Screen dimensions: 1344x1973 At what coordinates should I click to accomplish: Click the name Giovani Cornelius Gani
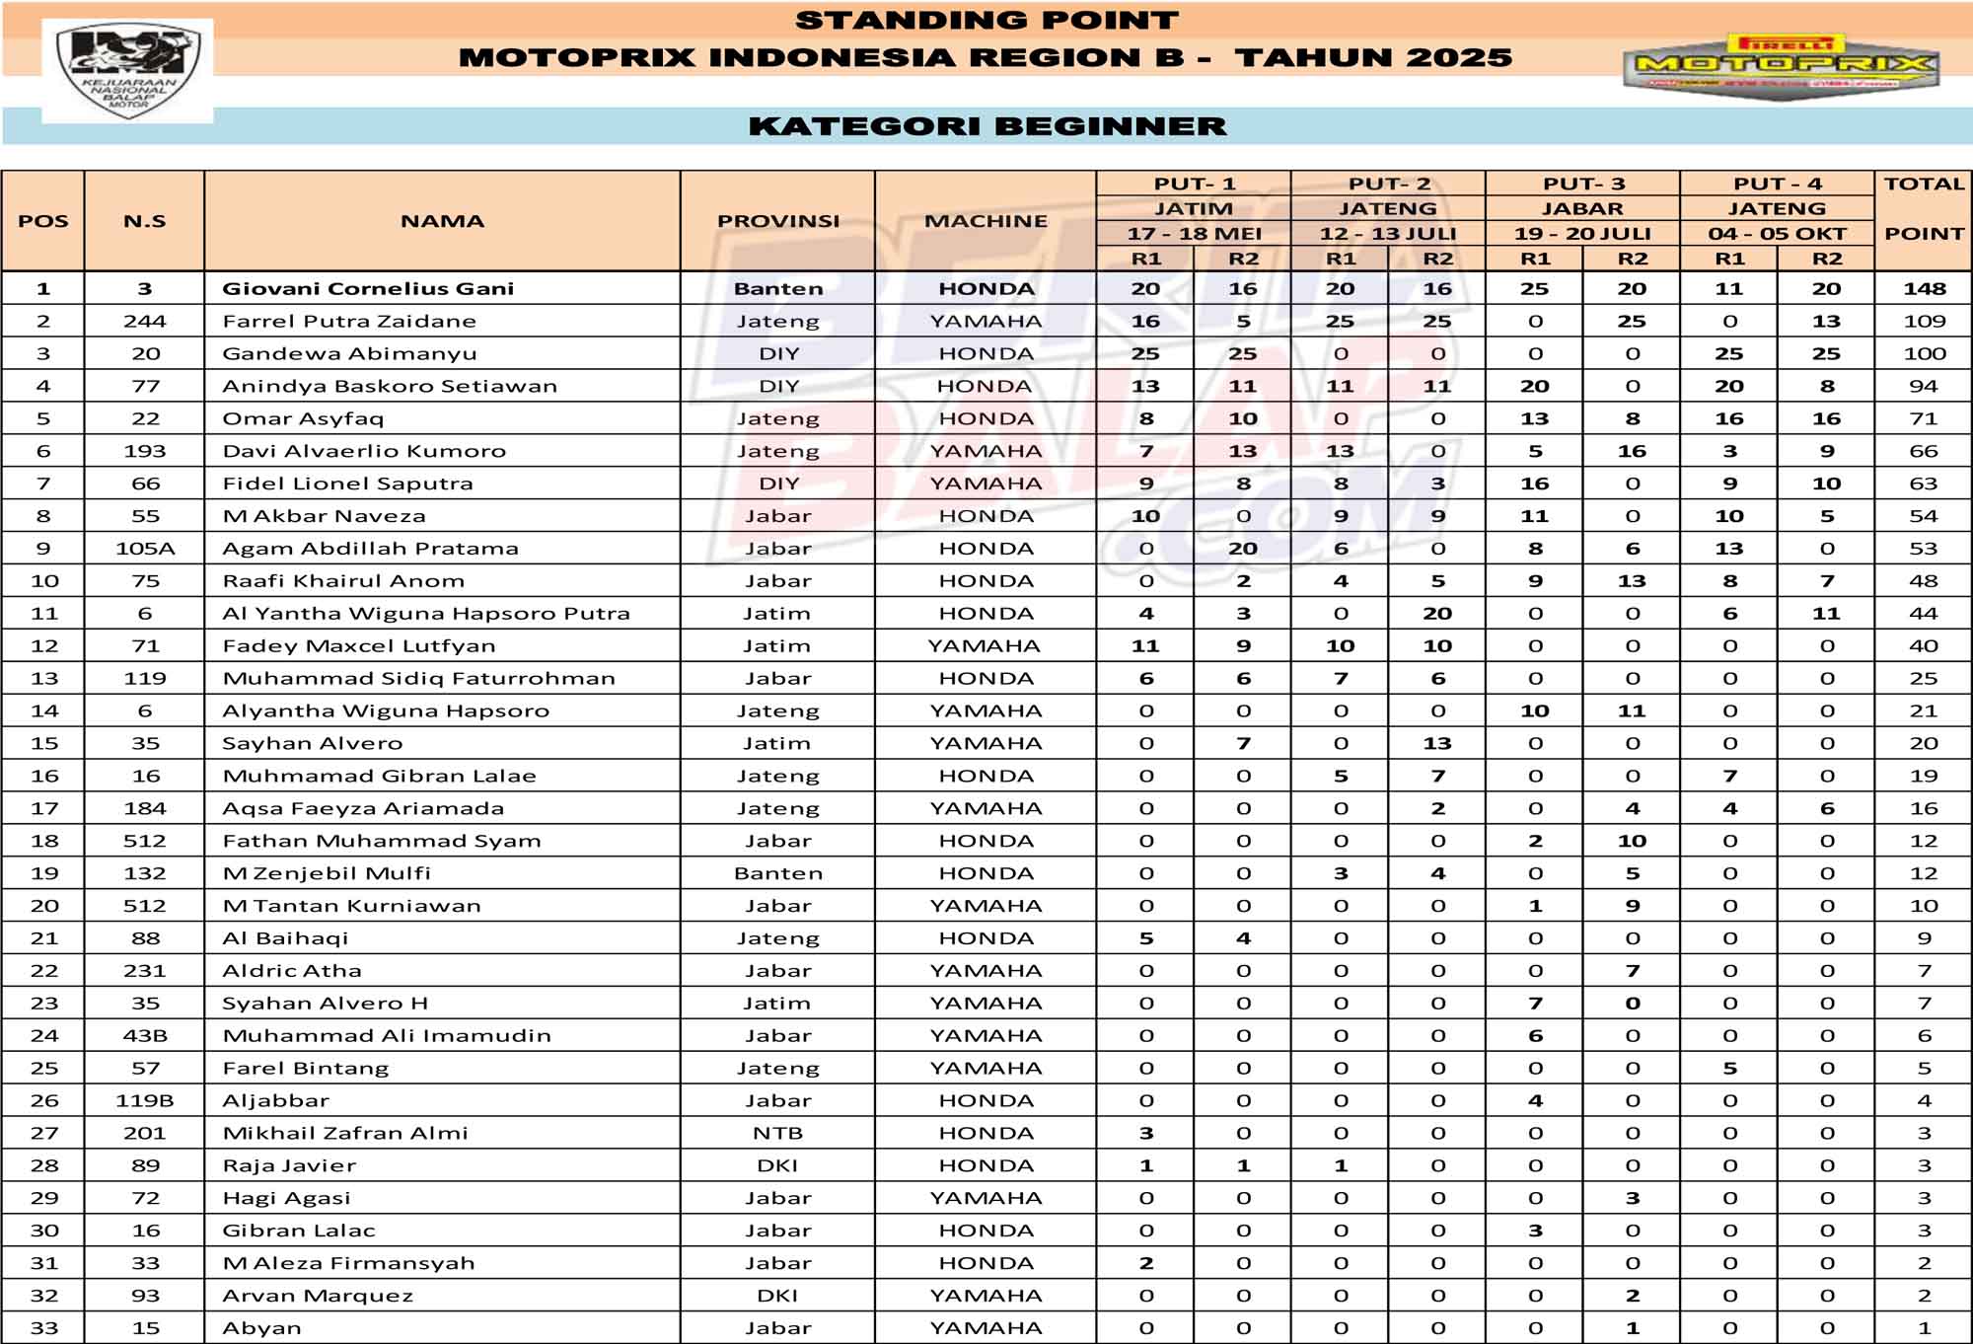tap(368, 289)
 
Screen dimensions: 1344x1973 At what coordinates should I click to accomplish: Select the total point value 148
tap(1924, 289)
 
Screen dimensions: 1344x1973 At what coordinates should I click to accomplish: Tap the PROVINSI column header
tap(778, 221)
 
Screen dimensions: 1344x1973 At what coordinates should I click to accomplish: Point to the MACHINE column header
tap(986, 221)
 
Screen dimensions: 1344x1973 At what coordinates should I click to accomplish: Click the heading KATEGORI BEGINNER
tap(986, 126)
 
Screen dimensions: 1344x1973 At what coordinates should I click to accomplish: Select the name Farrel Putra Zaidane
tap(349, 322)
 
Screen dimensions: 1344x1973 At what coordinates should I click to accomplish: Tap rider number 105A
tap(145, 549)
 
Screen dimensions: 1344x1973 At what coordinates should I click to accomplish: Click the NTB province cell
tap(778, 1133)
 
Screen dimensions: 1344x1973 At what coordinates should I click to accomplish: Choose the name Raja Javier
tap(289, 1165)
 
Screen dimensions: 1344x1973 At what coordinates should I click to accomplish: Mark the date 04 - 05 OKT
tap(1777, 234)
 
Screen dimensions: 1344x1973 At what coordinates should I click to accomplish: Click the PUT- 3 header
tap(1582, 185)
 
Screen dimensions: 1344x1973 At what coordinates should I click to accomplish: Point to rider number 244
tap(145, 322)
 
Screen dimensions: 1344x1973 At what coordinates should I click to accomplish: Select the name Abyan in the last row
tap(262, 1328)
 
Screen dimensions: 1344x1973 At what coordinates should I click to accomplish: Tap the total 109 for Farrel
tap(1924, 322)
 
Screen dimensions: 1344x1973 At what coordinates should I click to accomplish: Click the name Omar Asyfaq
tap(303, 418)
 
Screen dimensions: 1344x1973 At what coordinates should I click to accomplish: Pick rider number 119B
tap(145, 1100)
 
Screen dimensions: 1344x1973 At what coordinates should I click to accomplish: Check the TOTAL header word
tap(1924, 185)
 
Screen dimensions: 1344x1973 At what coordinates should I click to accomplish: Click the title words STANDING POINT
tap(986, 21)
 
